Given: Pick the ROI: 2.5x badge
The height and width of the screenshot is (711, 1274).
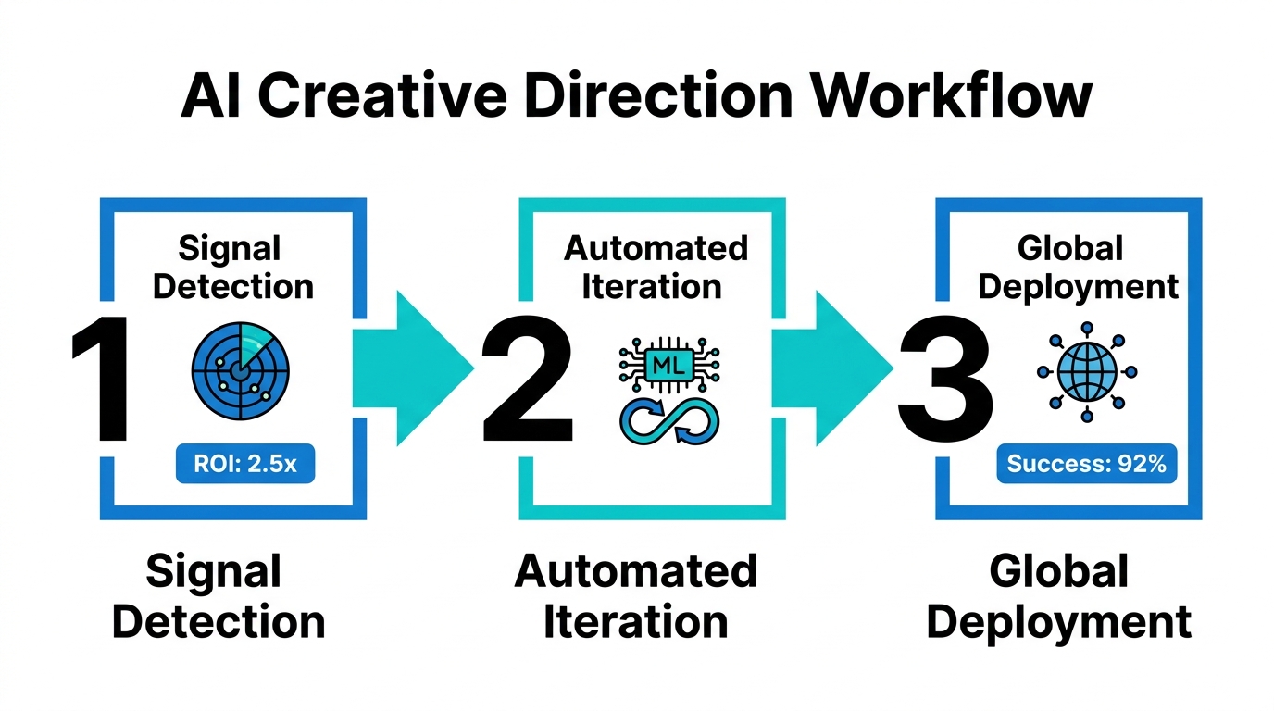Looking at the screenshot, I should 245,464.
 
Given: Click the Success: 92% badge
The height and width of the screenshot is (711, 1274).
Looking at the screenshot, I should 1086,464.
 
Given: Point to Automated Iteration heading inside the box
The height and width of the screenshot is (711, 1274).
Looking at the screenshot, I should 656,268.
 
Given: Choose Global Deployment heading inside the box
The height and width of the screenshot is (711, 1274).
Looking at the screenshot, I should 1079,268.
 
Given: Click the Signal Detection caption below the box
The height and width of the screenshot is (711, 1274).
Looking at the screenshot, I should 219,597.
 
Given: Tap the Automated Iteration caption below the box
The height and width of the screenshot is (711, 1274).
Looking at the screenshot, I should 636,597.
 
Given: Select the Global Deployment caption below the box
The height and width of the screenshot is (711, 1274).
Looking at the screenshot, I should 1059,597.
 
